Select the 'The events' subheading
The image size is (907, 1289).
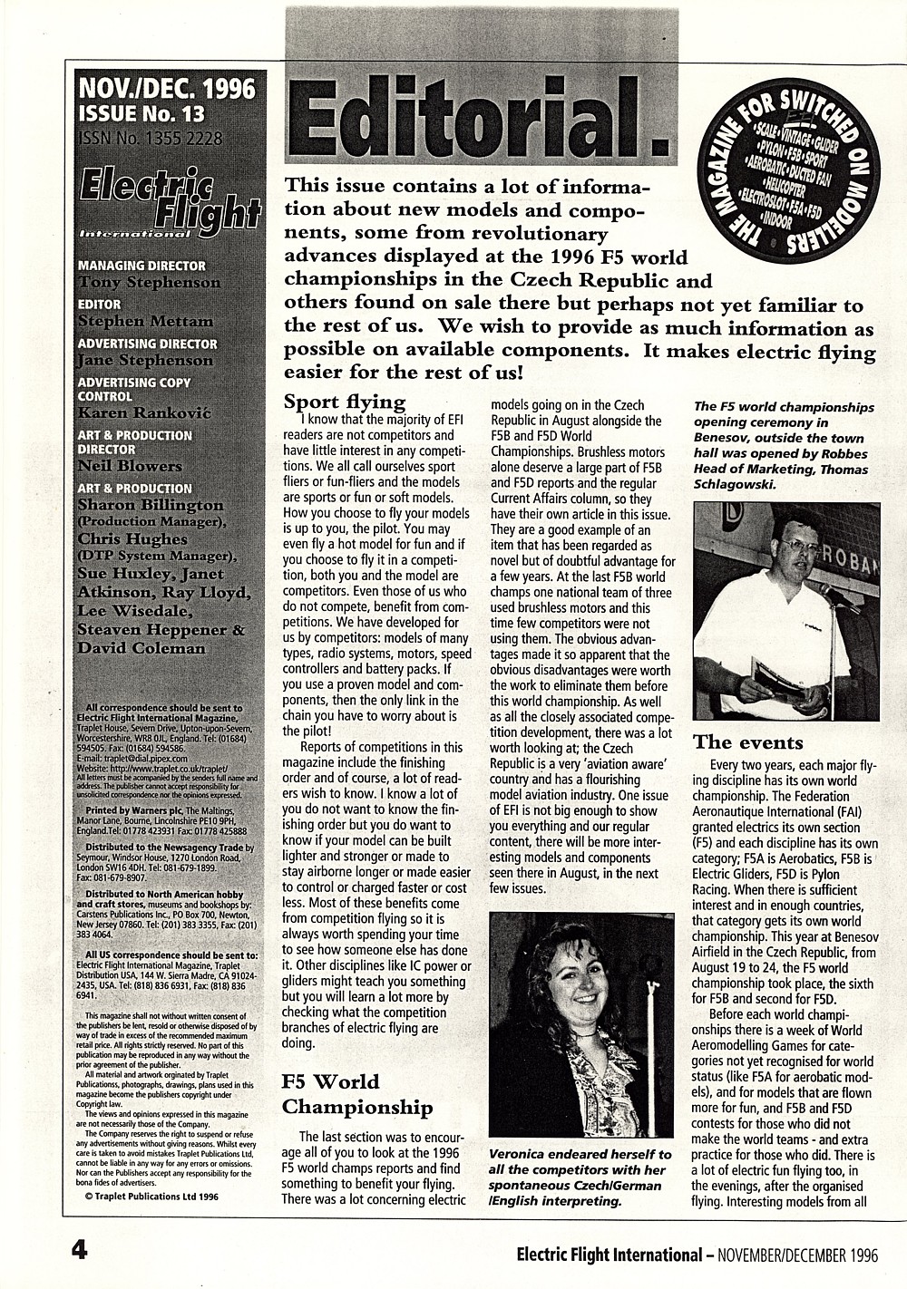click(747, 742)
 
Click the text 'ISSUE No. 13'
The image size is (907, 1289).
click(141, 113)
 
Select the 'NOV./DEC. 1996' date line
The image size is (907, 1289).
click(167, 88)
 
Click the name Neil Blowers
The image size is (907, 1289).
click(130, 466)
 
